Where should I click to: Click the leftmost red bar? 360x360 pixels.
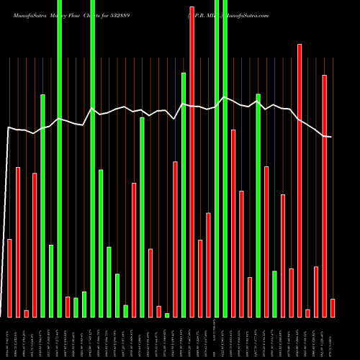tap(9, 278)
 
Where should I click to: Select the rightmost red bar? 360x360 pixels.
tap(333, 308)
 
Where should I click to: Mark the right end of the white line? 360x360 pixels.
tap(331, 137)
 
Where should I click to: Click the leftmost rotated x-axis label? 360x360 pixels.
tap(9, 338)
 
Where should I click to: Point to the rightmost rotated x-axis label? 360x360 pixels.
tap(333, 338)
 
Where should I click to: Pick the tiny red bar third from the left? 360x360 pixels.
tap(26, 313)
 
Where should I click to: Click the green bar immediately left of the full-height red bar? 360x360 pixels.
tap(184, 194)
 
